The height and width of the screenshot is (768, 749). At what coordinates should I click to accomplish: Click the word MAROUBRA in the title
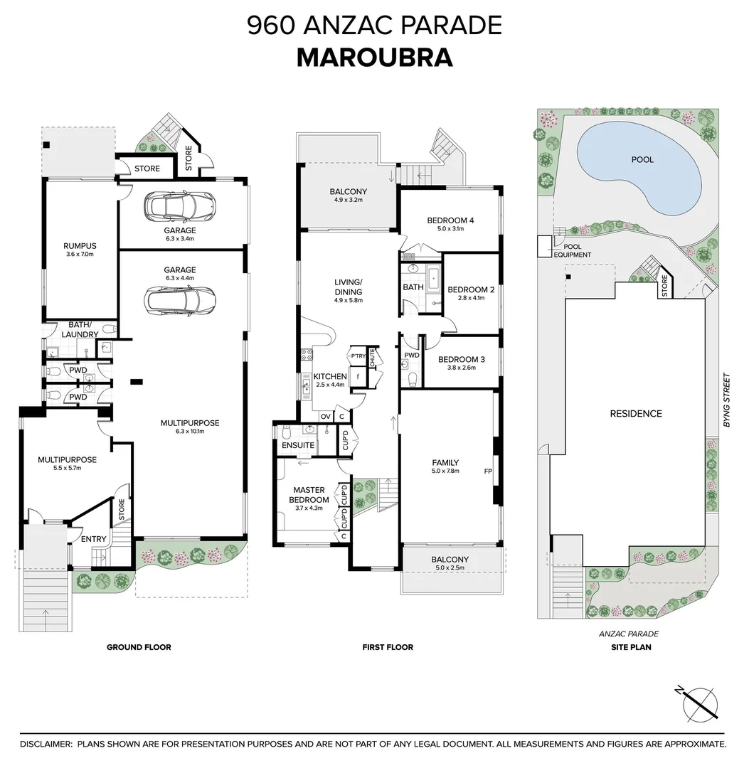click(x=374, y=58)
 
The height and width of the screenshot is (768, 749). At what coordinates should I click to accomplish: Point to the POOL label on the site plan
click(x=642, y=160)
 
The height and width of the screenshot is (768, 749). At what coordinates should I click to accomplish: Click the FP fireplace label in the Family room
click(x=488, y=471)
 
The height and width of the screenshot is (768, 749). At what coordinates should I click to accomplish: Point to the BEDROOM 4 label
click(x=450, y=220)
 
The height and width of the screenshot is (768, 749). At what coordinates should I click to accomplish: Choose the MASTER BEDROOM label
click(x=308, y=494)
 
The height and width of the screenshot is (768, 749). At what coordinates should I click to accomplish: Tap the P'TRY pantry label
click(x=357, y=356)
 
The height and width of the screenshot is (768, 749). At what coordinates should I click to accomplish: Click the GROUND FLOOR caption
click(x=139, y=647)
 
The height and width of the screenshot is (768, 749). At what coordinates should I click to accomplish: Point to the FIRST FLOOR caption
click(x=388, y=647)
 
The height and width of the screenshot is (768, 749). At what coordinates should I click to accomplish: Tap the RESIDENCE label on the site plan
click(x=636, y=413)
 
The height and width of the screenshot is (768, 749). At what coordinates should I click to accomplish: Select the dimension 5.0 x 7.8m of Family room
click(x=445, y=471)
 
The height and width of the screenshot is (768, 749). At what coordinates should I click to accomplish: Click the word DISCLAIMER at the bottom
click(x=46, y=744)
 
